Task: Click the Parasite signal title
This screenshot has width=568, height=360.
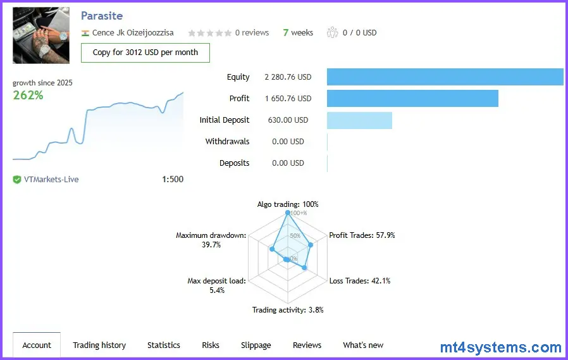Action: [x=102, y=16]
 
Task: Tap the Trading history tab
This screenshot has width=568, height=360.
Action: [x=99, y=345]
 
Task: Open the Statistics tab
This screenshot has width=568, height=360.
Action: [x=164, y=345]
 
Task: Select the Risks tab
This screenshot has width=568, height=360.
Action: [x=211, y=345]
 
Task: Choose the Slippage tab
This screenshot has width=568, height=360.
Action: [x=256, y=345]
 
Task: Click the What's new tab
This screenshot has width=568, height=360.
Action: [x=363, y=345]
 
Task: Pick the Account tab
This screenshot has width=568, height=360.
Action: [x=37, y=345]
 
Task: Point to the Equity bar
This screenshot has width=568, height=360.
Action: [x=445, y=77]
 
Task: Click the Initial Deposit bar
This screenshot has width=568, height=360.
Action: [x=359, y=120]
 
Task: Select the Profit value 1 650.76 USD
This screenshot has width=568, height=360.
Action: [x=288, y=99]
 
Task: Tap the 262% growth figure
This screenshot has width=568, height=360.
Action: [x=28, y=96]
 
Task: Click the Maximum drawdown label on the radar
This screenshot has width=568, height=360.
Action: [x=211, y=240]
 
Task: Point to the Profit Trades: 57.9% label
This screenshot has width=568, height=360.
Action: [x=362, y=235]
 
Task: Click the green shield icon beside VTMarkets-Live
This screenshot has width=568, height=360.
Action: [x=17, y=180]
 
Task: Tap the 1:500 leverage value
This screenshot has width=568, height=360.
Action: [x=173, y=179]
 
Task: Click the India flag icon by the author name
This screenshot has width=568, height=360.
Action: [x=85, y=33]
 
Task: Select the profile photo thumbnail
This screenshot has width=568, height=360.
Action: [x=41, y=35]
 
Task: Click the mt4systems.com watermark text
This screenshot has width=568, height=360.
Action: [x=501, y=347]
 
